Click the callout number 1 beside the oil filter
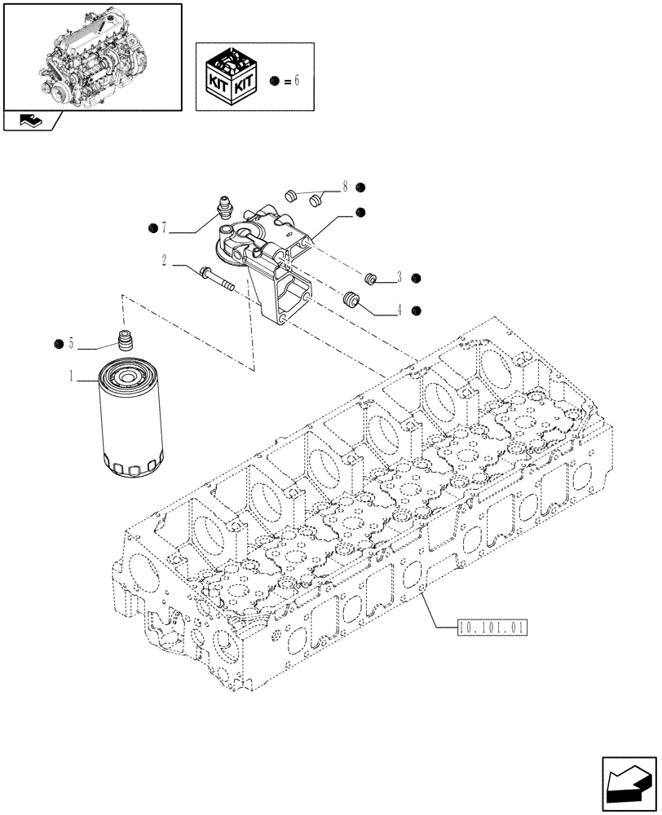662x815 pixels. point(72,377)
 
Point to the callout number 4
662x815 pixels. point(399,310)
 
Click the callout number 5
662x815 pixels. point(71,344)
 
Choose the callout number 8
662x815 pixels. point(345,187)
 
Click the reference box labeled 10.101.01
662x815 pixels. point(493,628)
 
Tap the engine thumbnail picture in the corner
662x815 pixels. point(92,55)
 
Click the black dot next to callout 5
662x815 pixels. point(58,344)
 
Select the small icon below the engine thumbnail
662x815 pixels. point(31,121)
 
